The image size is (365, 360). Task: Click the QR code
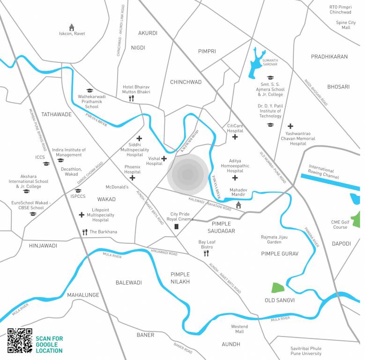(x=20, y=340)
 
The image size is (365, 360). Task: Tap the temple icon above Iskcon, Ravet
(x=72, y=27)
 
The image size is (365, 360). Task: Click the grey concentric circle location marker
(x=188, y=174)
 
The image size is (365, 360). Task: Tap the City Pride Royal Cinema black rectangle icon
(x=177, y=227)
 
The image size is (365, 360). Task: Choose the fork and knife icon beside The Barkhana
(x=85, y=232)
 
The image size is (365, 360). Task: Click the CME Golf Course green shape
(x=357, y=220)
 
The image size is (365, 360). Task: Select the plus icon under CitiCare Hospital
(x=235, y=137)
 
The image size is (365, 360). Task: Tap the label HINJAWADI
(x=43, y=246)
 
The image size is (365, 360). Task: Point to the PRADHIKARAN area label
(x=329, y=57)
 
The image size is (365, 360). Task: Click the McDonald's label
(x=117, y=187)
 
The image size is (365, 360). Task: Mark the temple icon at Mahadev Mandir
(x=238, y=204)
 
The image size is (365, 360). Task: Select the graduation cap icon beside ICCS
(x=46, y=164)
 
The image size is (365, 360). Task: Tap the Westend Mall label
(x=239, y=329)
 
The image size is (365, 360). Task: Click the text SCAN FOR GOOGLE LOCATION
(x=49, y=345)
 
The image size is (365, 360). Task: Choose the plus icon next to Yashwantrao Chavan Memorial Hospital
(x=291, y=126)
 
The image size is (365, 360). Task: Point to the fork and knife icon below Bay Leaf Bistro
(x=206, y=254)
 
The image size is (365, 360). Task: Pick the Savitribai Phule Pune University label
(x=305, y=351)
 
